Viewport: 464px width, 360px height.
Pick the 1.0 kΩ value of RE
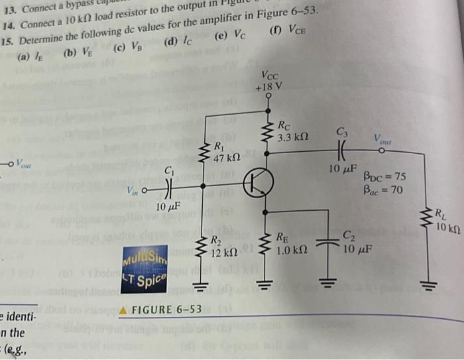coord(292,251)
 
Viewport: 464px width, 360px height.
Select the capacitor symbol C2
coord(327,243)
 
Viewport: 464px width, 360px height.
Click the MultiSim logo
coord(145,255)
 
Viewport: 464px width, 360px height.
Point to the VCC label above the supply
coord(270,74)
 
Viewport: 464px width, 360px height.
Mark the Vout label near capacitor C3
coord(382,140)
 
